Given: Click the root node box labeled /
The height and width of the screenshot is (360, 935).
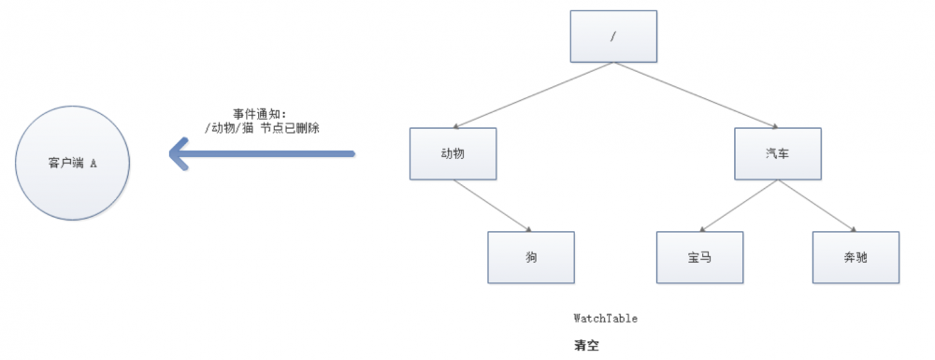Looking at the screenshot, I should pos(613,36).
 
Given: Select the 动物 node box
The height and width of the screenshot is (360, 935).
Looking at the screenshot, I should pos(452,153).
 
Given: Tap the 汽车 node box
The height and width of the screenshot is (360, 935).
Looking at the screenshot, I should pos(777,153).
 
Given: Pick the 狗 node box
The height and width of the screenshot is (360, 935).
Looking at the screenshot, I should pos(530,256).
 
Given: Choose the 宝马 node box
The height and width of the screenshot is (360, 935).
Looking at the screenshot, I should pos(698,256).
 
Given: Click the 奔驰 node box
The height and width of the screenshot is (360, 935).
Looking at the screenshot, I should pos(855,256).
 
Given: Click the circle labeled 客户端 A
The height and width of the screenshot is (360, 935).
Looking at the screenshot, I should pos(73,163).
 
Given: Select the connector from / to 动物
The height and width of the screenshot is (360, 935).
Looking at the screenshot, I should pos(532,94).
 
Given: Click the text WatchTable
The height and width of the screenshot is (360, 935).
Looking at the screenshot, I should pos(606,319).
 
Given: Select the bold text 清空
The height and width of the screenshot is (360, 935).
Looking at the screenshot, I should pos(585,344).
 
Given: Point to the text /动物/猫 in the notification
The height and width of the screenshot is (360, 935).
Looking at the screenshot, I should pos(231,128).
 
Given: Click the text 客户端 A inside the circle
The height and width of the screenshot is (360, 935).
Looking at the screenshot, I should pos(73,163).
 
